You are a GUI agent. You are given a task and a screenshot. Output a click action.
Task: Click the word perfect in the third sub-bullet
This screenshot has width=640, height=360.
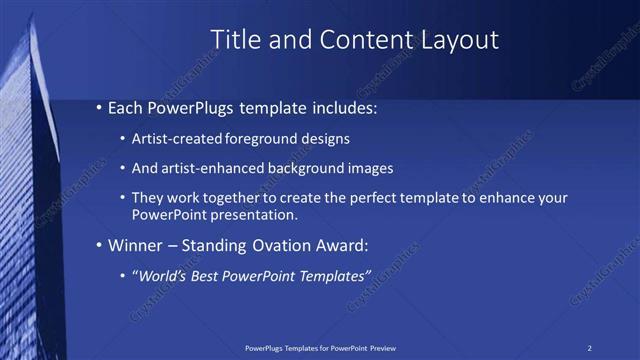370,198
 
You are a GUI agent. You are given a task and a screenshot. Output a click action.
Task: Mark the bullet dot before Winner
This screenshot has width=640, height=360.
99,245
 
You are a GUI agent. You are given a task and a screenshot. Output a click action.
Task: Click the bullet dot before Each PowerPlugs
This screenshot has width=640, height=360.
99,107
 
